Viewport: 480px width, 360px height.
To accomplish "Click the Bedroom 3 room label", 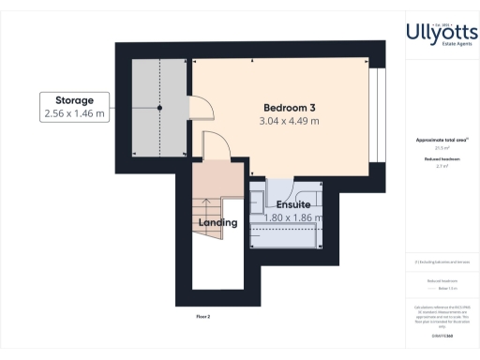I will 289,105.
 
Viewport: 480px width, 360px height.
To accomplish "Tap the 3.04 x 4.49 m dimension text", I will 289,121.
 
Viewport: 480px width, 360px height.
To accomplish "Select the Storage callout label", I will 75,98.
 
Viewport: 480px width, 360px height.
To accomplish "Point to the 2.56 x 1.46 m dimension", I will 75,113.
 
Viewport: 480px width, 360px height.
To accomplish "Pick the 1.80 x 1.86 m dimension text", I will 292,217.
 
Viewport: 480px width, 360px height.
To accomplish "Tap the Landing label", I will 218,223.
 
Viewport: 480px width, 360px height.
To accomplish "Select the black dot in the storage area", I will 159,108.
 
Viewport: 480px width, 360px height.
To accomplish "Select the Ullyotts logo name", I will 442,32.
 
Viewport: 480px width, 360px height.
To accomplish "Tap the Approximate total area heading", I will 441,140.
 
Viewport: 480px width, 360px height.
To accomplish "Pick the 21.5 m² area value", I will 441,147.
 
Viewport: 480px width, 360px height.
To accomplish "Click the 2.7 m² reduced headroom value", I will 441,165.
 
